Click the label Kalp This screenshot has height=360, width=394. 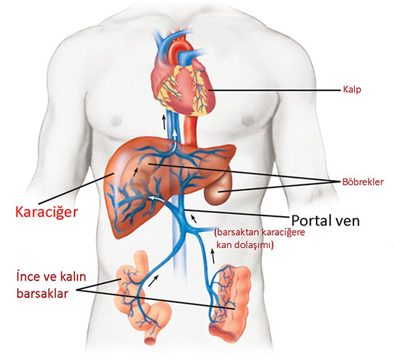pos(352,90)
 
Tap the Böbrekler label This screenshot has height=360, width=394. pos(363,182)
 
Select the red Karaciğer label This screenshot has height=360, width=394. pos(47,213)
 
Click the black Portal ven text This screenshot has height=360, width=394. pos(325,220)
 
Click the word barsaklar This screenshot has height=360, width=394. pos(42,293)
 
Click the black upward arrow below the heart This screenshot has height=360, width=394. pos(164,122)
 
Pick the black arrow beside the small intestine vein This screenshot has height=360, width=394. pos(153,280)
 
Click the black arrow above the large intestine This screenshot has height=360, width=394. pos(213,256)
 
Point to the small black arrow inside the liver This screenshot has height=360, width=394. pos(136,172)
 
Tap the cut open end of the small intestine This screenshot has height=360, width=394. pos(151,340)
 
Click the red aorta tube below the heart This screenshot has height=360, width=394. pos(191,131)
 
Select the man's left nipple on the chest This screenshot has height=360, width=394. pos(248,121)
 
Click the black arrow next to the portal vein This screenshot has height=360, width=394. pos(194,219)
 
